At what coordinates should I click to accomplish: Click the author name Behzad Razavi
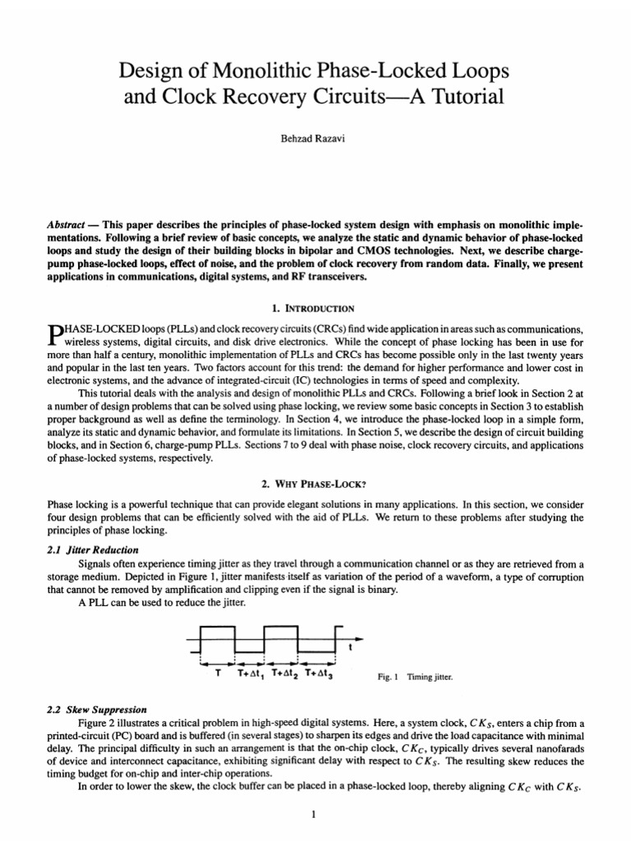(x=315, y=141)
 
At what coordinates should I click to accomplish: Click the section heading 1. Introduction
(x=315, y=309)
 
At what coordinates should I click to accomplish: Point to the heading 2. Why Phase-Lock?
(x=315, y=485)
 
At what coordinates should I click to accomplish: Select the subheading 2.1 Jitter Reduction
(x=93, y=549)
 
